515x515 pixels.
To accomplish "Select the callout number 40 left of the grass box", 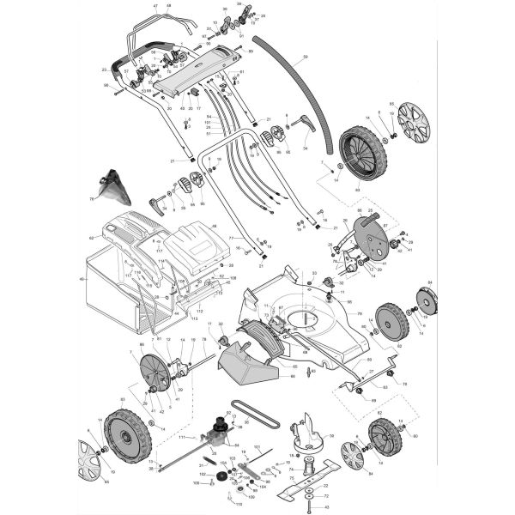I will pyautogui.click(x=82, y=279).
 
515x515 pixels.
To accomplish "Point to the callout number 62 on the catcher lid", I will pyautogui.click(x=91, y=238).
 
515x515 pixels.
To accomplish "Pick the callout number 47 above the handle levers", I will pyautogui.click(x=155, y=6).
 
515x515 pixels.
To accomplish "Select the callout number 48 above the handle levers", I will pyautogui.click(x=168, y=6).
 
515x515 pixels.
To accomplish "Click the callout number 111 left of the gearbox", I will pyautogui.click(x=182, y=438).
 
